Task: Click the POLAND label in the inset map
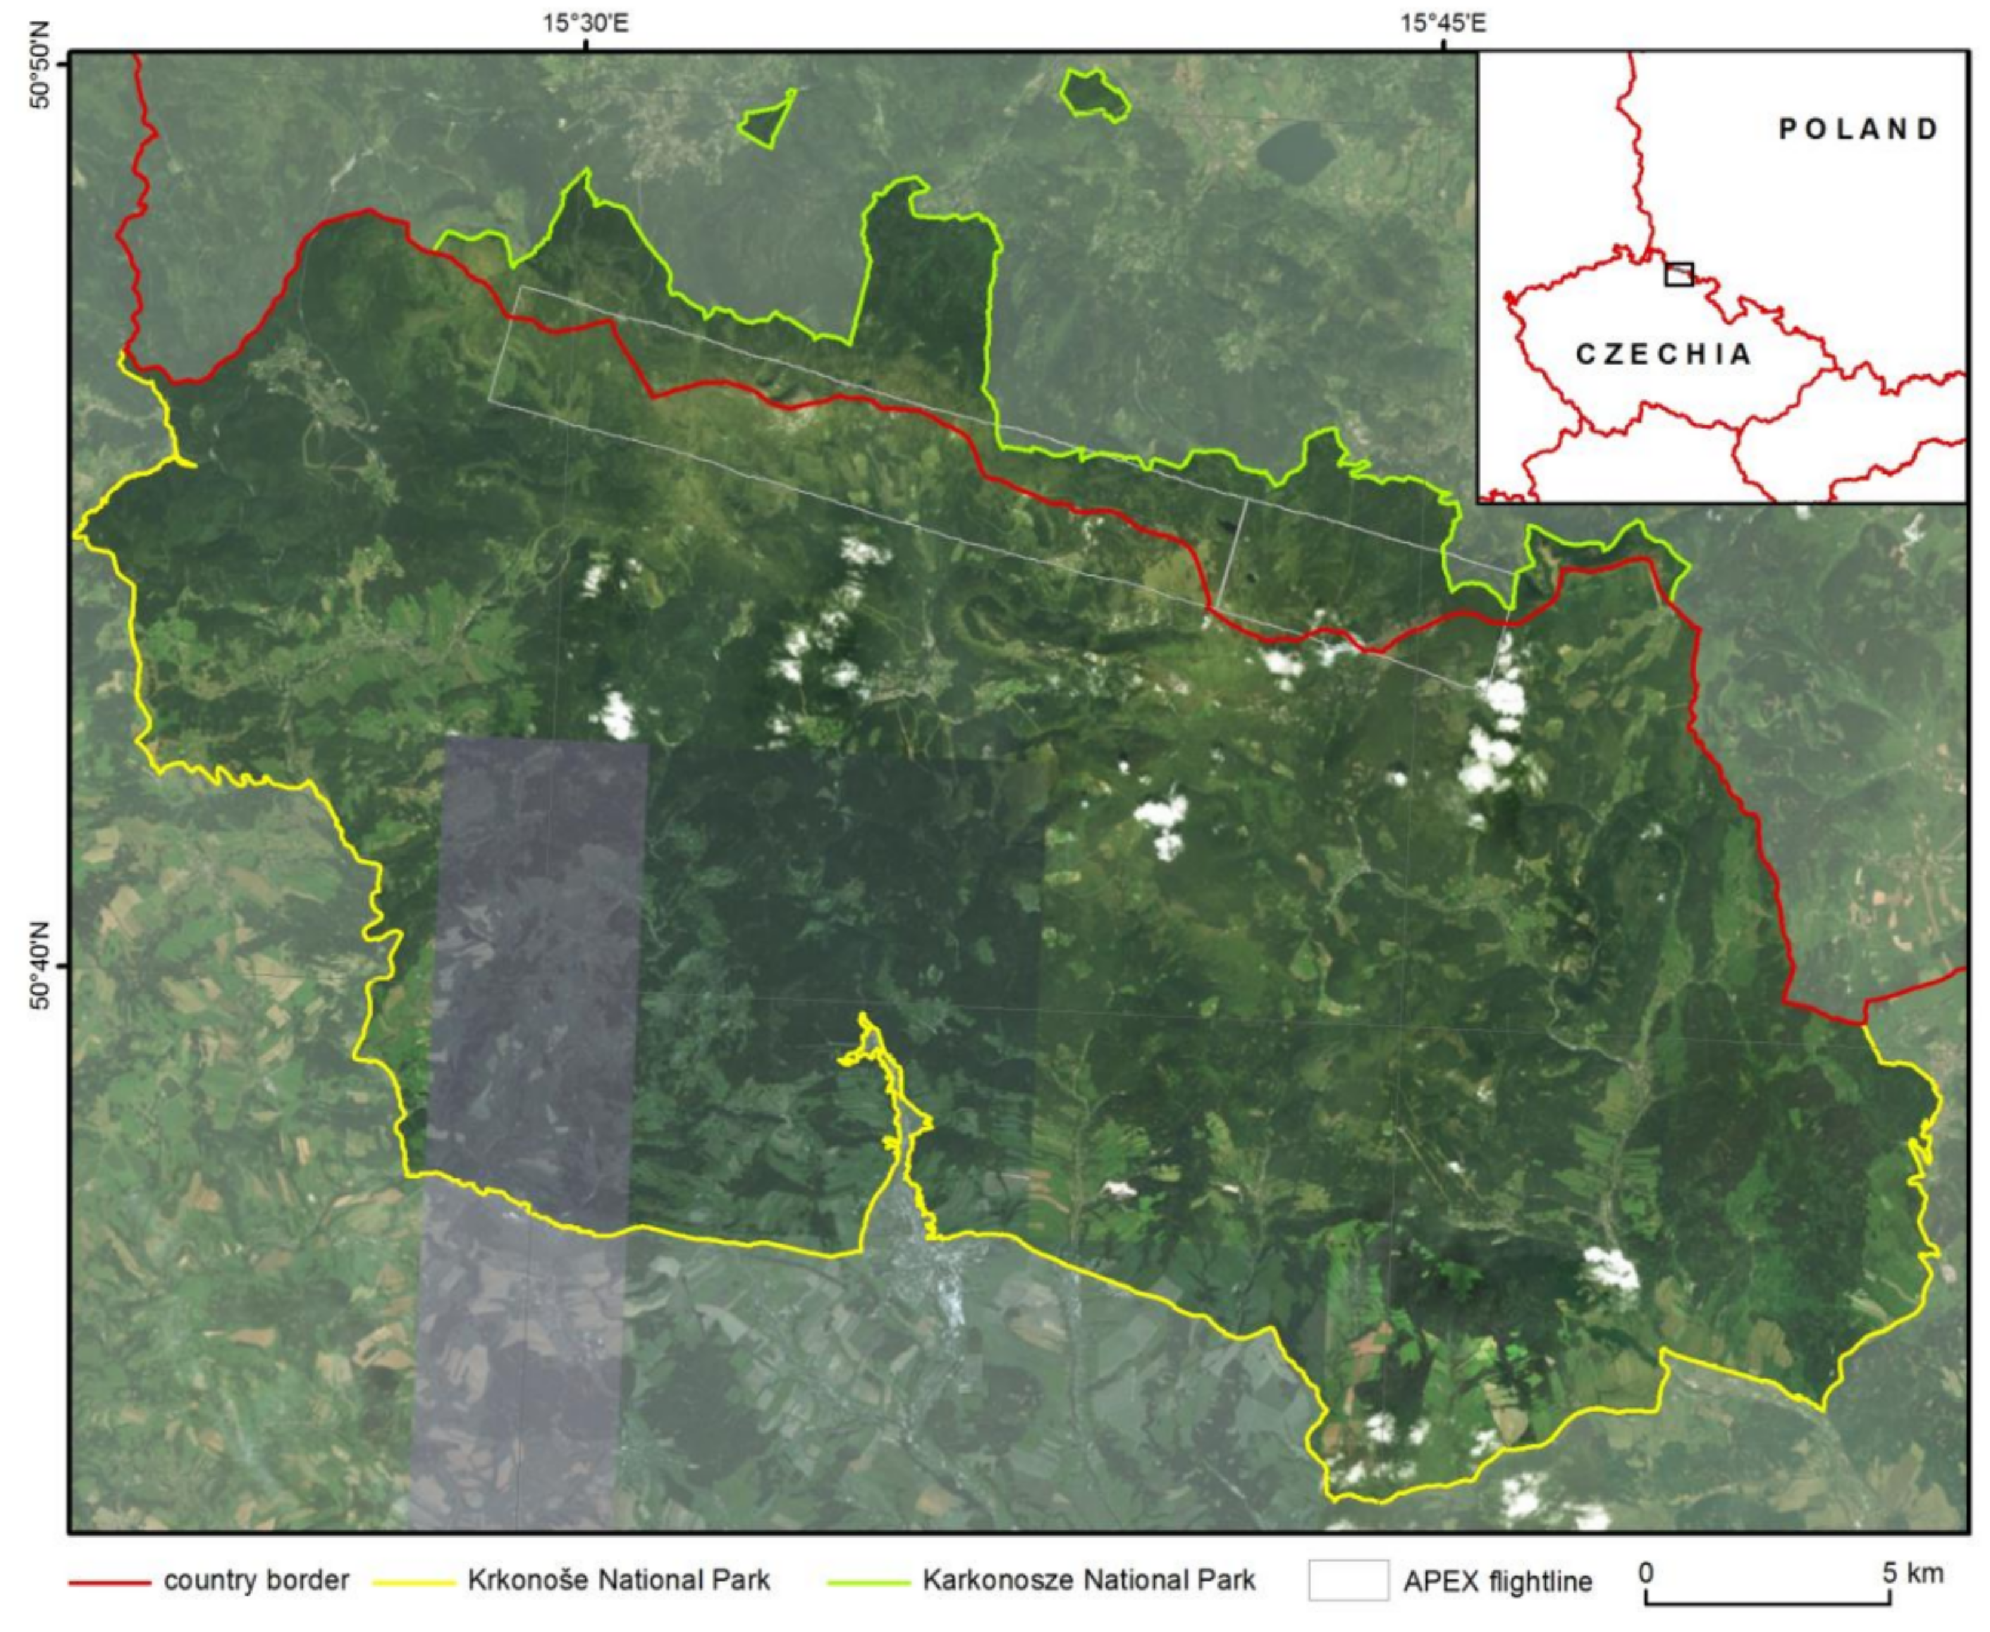(1859, 129)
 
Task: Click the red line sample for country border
(109, 1583)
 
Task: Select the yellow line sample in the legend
(414, 1583)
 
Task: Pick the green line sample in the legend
(868, 1583)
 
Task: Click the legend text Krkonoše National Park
(619, 1580)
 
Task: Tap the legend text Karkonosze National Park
(1088, 1580)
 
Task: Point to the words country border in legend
(256, 1580)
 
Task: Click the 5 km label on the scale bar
(1912, 1573)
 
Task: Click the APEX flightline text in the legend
(1497, 1582)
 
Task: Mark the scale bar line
(1758, 1600)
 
